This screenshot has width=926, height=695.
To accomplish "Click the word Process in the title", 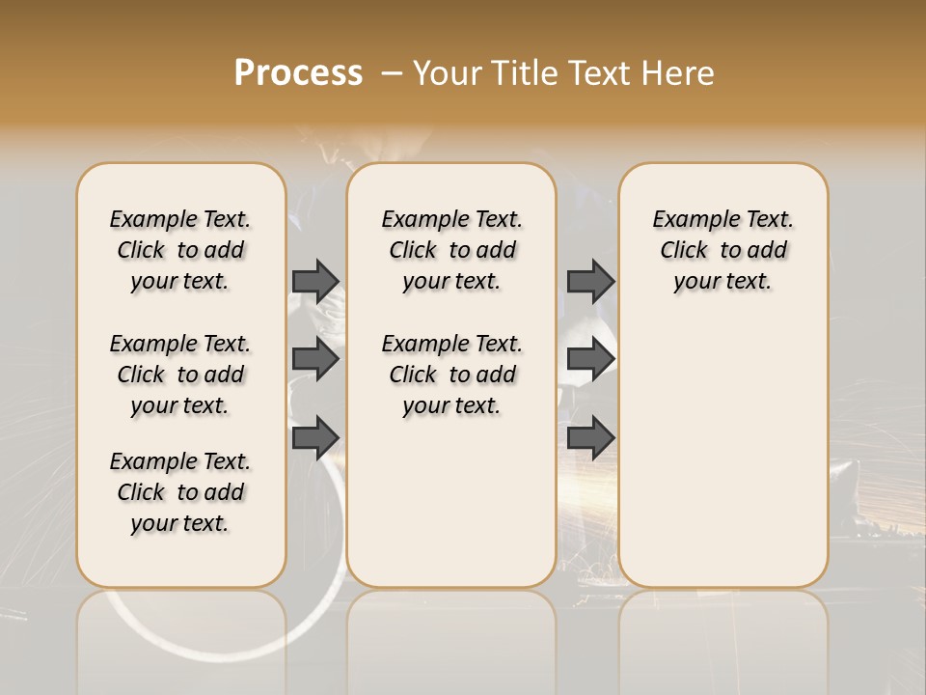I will pos(298,72).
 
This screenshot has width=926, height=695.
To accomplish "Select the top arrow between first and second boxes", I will pos(315,281).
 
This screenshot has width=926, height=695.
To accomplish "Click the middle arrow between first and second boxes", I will pos(315,359).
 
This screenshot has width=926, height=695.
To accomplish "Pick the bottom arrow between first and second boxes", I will pos(315,437).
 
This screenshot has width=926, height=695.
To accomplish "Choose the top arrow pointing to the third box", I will pos(590,281).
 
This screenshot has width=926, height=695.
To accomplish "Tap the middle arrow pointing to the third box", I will pos(590,359).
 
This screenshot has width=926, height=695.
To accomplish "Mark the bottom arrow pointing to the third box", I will pos(590,437).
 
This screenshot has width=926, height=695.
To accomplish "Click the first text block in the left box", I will pos(180,250).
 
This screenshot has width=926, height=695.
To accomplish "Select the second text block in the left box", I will pos(180,375).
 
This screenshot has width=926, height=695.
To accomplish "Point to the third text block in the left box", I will pos(180,492).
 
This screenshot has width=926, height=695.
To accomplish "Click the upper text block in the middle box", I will pos(451,250).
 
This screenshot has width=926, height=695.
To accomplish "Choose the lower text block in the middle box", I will pos(451,375).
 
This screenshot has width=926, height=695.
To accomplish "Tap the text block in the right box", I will pos(723,250).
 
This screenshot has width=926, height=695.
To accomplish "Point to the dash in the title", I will pos(392,73).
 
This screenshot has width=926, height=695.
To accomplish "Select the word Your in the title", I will pos(447,73).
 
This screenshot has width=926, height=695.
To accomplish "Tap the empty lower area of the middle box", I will pos(451,502).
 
